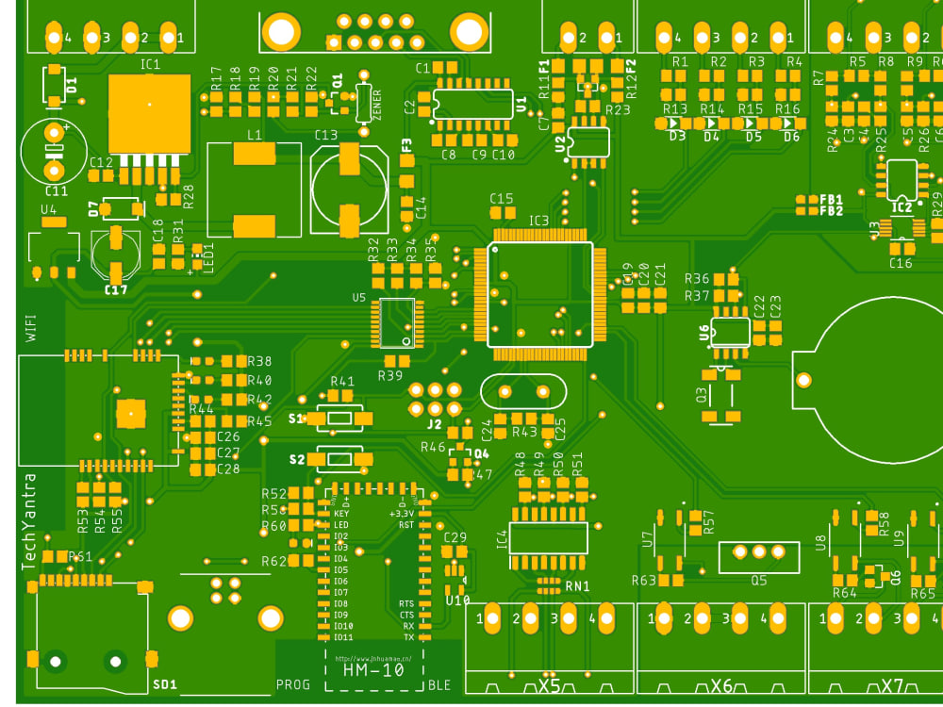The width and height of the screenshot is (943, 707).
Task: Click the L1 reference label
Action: click(254, 135)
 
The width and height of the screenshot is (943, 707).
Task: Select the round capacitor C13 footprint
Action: click(349, 189)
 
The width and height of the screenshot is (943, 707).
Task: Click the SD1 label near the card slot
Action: click(164, 682)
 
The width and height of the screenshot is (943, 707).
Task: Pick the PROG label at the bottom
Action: click(291, 683)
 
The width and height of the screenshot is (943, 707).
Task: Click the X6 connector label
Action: click(721, 685)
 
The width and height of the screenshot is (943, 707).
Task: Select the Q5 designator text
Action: click(758, 580)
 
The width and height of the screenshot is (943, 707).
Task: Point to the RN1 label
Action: click(577, 585)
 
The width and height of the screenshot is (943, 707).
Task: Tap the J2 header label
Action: click(434, 424)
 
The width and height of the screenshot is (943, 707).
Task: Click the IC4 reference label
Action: click(502, 539)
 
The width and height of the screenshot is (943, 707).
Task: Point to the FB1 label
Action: click(831, 200)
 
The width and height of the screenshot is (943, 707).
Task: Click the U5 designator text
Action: click(358, 297)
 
